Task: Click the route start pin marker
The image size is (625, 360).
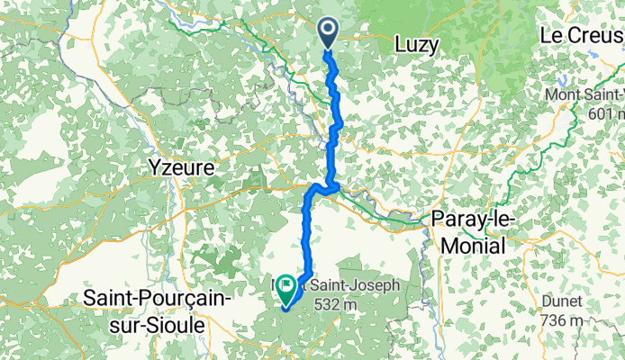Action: click(x=327, y=34)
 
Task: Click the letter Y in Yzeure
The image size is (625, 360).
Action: click(x=151, y=167)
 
